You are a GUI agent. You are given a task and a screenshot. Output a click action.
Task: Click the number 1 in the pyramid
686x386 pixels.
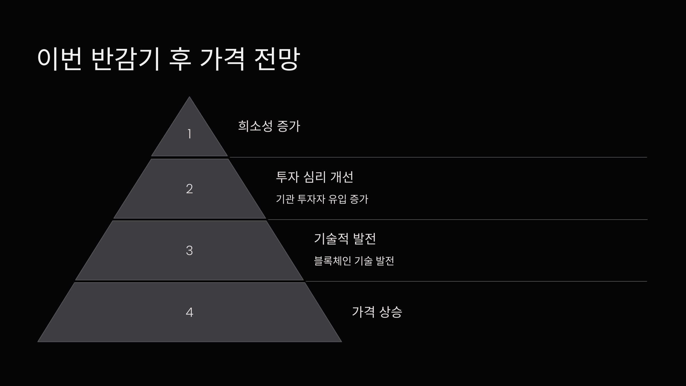click(189, 134)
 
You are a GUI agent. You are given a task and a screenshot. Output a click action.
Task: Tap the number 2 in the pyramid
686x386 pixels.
click(189, 189)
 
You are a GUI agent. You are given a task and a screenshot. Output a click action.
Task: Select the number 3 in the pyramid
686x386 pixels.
click(189, 250)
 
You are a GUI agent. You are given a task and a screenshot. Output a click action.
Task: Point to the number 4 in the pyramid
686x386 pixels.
click(189, 312)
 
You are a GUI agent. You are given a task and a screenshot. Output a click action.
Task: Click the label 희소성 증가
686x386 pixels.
click(269, 126)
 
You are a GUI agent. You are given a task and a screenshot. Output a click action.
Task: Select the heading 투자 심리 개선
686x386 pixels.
click(314, 177)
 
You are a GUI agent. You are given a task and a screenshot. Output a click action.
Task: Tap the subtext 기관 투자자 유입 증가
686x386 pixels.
click(322, 199)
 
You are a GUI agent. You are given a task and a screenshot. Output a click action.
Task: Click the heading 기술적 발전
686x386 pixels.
click(345, 239)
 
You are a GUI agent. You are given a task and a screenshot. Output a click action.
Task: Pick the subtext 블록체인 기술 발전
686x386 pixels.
click(354, 261)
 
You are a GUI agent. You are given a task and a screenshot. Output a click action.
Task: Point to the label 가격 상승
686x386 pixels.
click(377, 312)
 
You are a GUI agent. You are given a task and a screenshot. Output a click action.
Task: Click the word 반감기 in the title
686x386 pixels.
click(125, 59)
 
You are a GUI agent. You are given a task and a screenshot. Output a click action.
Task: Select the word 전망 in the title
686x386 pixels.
click(277, 59)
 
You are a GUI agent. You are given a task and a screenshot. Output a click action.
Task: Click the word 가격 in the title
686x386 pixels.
click(222, 59)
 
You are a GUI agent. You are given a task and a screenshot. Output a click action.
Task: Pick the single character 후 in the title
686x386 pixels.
click(180, 59)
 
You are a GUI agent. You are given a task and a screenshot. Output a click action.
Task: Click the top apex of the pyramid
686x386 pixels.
click(189, 98)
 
